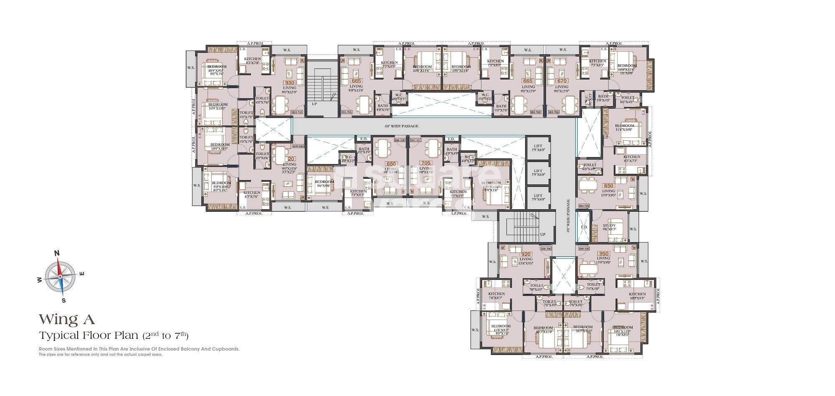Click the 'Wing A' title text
tap(67, 320)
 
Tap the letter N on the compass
tap(57, 253)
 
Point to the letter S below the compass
tap(63, 300)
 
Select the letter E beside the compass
tap(82, 274)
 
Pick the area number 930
tap(289, 83)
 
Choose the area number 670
tap(562, 81)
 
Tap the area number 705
tap(426, 163)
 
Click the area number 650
tap(391, 164)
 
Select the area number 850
tap(608, 186)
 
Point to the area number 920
tap(526, 254)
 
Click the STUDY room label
tap(609, 226)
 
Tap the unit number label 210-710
tap(297, 112)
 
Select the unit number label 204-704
tap(584, 206)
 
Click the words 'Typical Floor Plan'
tap(90, 335)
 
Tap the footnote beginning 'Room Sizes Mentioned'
tap(139, 349)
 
